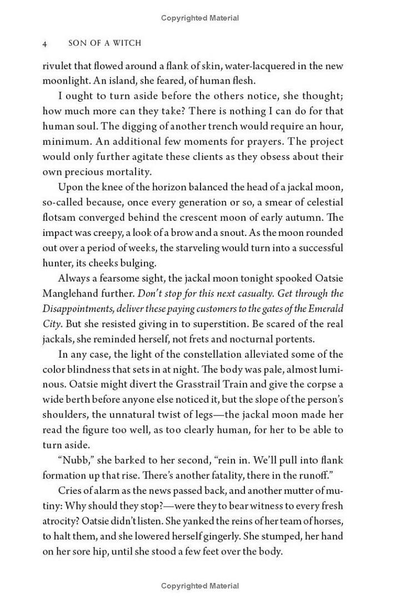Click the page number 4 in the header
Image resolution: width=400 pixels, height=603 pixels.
click(45, 43)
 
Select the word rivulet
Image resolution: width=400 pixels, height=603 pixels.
click(57, 66)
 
